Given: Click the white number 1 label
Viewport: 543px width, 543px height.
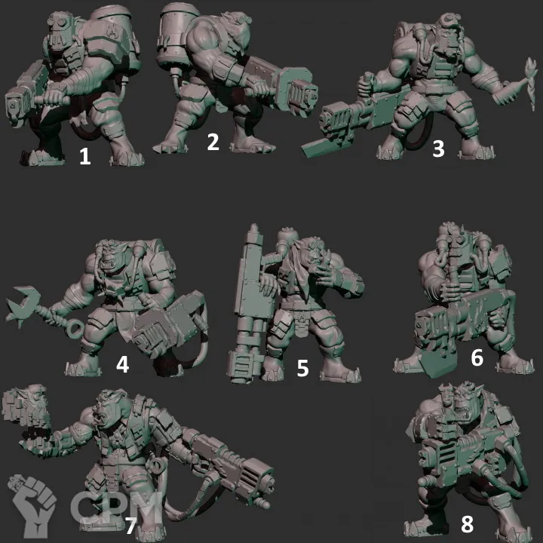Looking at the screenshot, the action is [85, 156].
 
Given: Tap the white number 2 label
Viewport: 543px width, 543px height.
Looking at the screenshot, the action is [213, 142].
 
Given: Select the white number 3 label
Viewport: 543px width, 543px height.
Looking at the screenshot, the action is [438, 149].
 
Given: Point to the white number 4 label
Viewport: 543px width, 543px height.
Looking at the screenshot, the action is [123, 364].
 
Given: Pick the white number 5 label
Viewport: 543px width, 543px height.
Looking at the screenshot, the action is [302, 368].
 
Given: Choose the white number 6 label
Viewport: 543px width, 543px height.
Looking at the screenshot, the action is [477, 357].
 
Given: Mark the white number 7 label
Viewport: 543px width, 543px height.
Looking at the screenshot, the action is [131, 526].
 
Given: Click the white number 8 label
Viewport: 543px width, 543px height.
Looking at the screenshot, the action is [467, 524].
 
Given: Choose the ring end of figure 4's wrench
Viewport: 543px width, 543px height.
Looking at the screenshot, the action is [74, 328].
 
